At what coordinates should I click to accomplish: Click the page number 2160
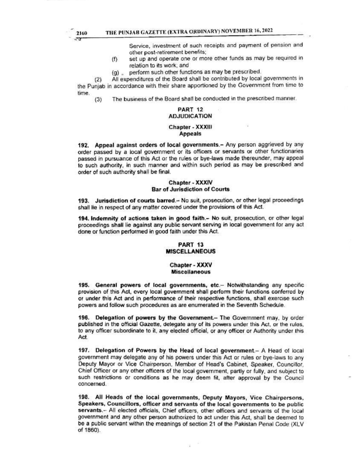(82, 33)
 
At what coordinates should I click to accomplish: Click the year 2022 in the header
(267, 30)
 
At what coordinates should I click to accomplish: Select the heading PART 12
(191, 109)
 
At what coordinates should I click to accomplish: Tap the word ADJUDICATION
(190, 116)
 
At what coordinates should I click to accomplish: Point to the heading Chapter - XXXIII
(191, 127)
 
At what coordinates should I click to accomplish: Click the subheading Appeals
(190, 134)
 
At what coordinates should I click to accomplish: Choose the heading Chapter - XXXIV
(191, 183)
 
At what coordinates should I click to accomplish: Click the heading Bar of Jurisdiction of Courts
(191, 189)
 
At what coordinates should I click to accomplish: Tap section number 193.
(83, 200)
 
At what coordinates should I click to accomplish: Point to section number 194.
(83, 218)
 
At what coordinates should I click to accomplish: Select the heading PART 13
(191, 245)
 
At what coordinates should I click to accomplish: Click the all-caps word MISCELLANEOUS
(191, 251)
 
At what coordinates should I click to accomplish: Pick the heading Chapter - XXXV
(191, 265)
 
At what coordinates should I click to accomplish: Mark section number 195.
(83, 285)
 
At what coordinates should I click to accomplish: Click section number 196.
(83, 317)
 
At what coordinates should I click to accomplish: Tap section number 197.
(83, 350)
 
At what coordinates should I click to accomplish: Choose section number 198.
(83, 398)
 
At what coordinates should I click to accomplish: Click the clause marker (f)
(115, 59)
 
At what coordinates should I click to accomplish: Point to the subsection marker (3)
(98, 100)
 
